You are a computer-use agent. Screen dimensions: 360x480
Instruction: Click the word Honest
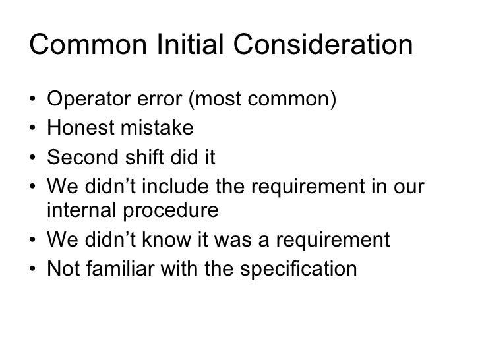pos(78,129)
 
